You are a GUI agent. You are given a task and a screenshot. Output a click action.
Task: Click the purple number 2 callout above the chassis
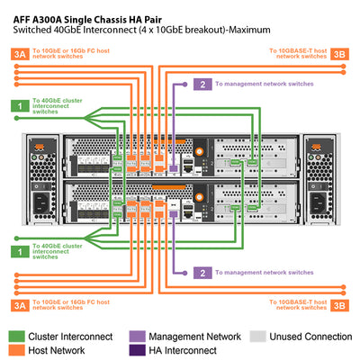tap(203, 85)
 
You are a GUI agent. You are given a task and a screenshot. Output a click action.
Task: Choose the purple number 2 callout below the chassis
tap(203, 272)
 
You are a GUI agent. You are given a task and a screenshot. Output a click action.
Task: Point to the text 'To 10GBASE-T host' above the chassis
tap(300, 50)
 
